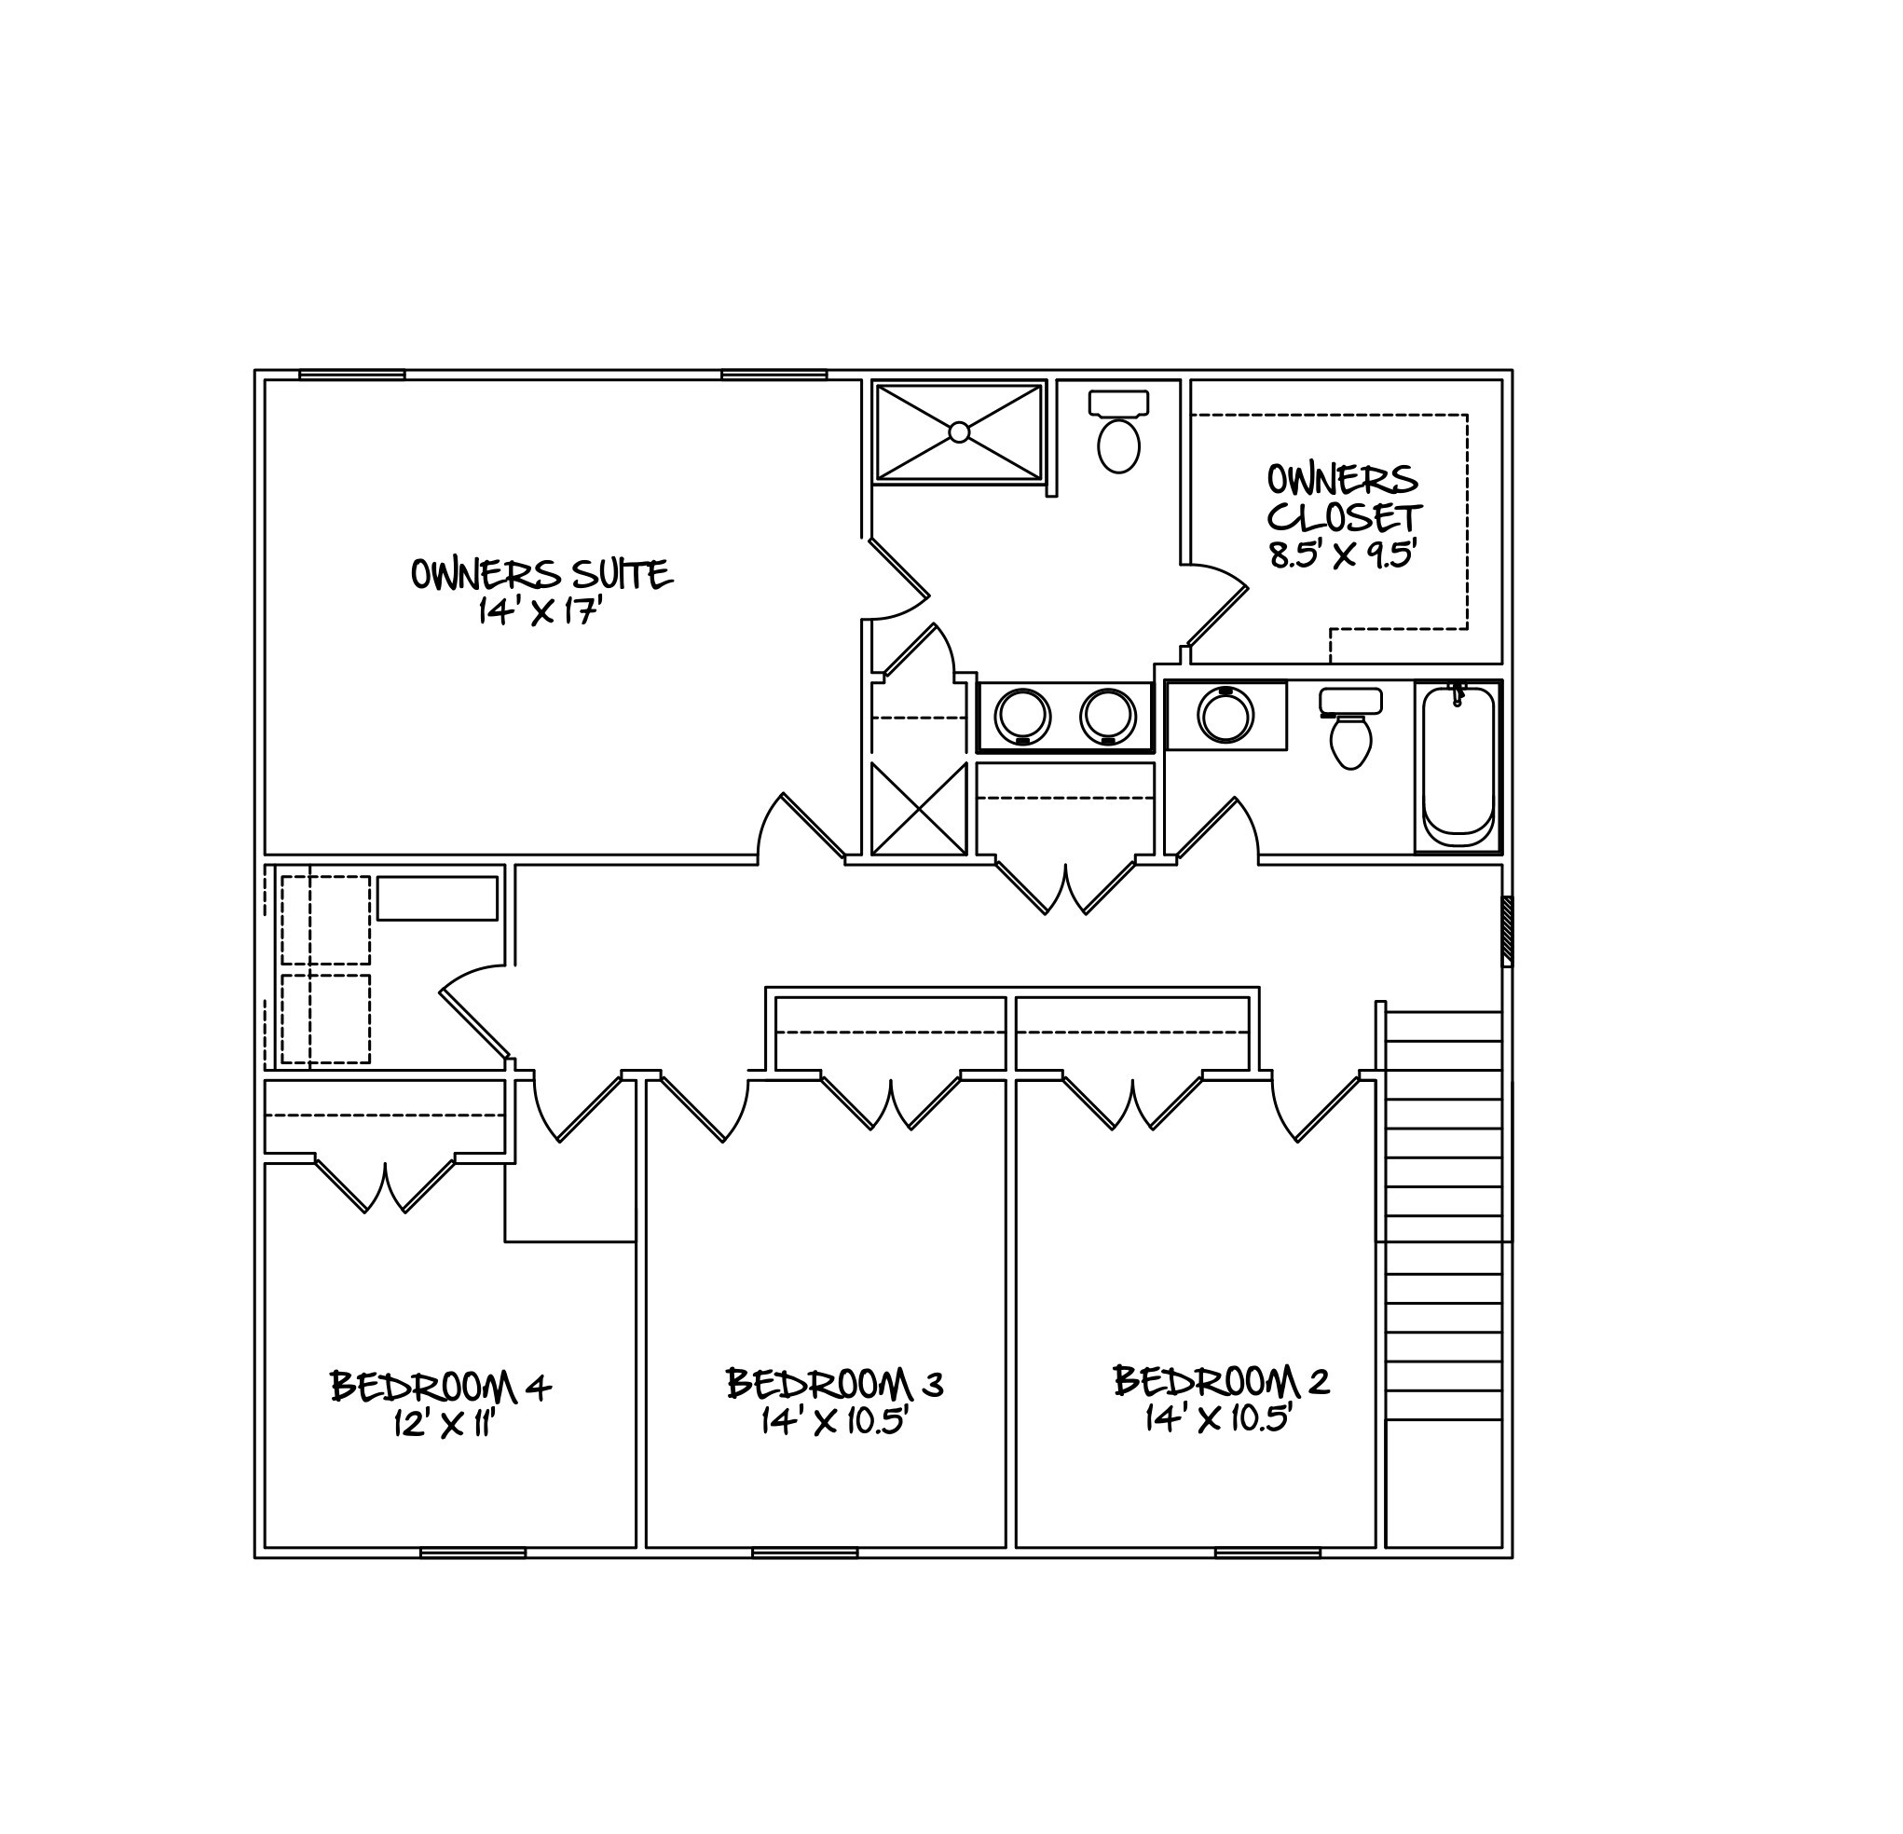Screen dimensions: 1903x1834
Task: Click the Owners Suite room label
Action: pyautogui.click(x=541, y=574)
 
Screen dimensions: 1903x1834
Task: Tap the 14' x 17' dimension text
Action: pyautogui.click(x=541, y=611)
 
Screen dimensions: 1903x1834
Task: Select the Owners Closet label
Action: pyautogui.click(x=1344, y=498)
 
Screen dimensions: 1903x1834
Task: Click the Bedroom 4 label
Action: pyautogui.click(x=441, y=1387)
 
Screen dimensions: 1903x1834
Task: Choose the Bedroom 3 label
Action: pyautogui.click(x=834, y=1384)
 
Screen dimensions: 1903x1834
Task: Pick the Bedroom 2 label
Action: pyautogui.click(x=1221, y=1380)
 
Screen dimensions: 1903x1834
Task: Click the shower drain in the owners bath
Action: pyautogui.click(x=959, y=432)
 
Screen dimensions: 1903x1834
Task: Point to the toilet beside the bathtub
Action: pyautogui.click(x=1350, y=728)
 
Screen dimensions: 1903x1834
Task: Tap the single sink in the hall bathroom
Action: pyautogui.click(x=1226, y=715)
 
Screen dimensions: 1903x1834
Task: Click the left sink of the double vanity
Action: pyautogui.click(x=1022, y=716)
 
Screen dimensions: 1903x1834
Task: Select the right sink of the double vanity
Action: pyautogui.click(x=1109, y=716)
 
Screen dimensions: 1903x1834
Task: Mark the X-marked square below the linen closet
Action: pyautogui.click(x=919, y=809)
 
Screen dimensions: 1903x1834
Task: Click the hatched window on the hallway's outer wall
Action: pyautogui.click(x=1507, y=931)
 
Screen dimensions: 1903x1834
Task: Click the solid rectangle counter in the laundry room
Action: pyautogui.click(x=437, y=898)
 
